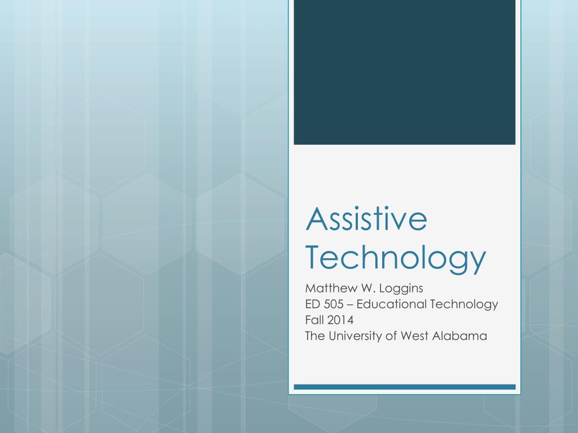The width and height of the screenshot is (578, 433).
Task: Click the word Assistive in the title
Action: pos(366,220)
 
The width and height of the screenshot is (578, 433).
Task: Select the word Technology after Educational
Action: pos(464,304)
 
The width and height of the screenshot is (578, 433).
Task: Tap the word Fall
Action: pos(313,320)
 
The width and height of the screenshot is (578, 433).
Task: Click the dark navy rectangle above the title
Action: pos(404,72)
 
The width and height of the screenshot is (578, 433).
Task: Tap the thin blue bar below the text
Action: pos(404,387)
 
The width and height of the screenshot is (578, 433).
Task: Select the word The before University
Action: pos(314,336)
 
